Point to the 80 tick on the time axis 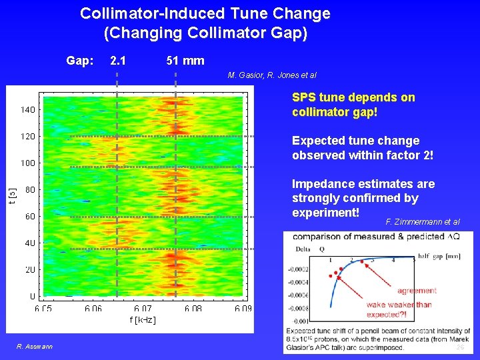click(29, 189)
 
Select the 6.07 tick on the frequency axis click(143, 309)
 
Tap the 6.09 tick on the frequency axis click(243, 309)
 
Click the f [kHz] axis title click(143, 321)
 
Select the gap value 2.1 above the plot click(119, 61)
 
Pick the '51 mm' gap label click(185, 61)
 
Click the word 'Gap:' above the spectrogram click(79, 61)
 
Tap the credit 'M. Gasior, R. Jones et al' click(272, 75)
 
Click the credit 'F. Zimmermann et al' click(422, 221)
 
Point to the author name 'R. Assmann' click(35, 346)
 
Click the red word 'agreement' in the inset click(417, 291)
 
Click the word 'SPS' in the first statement click(304, 97)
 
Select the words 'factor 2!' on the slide click(409, 155)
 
